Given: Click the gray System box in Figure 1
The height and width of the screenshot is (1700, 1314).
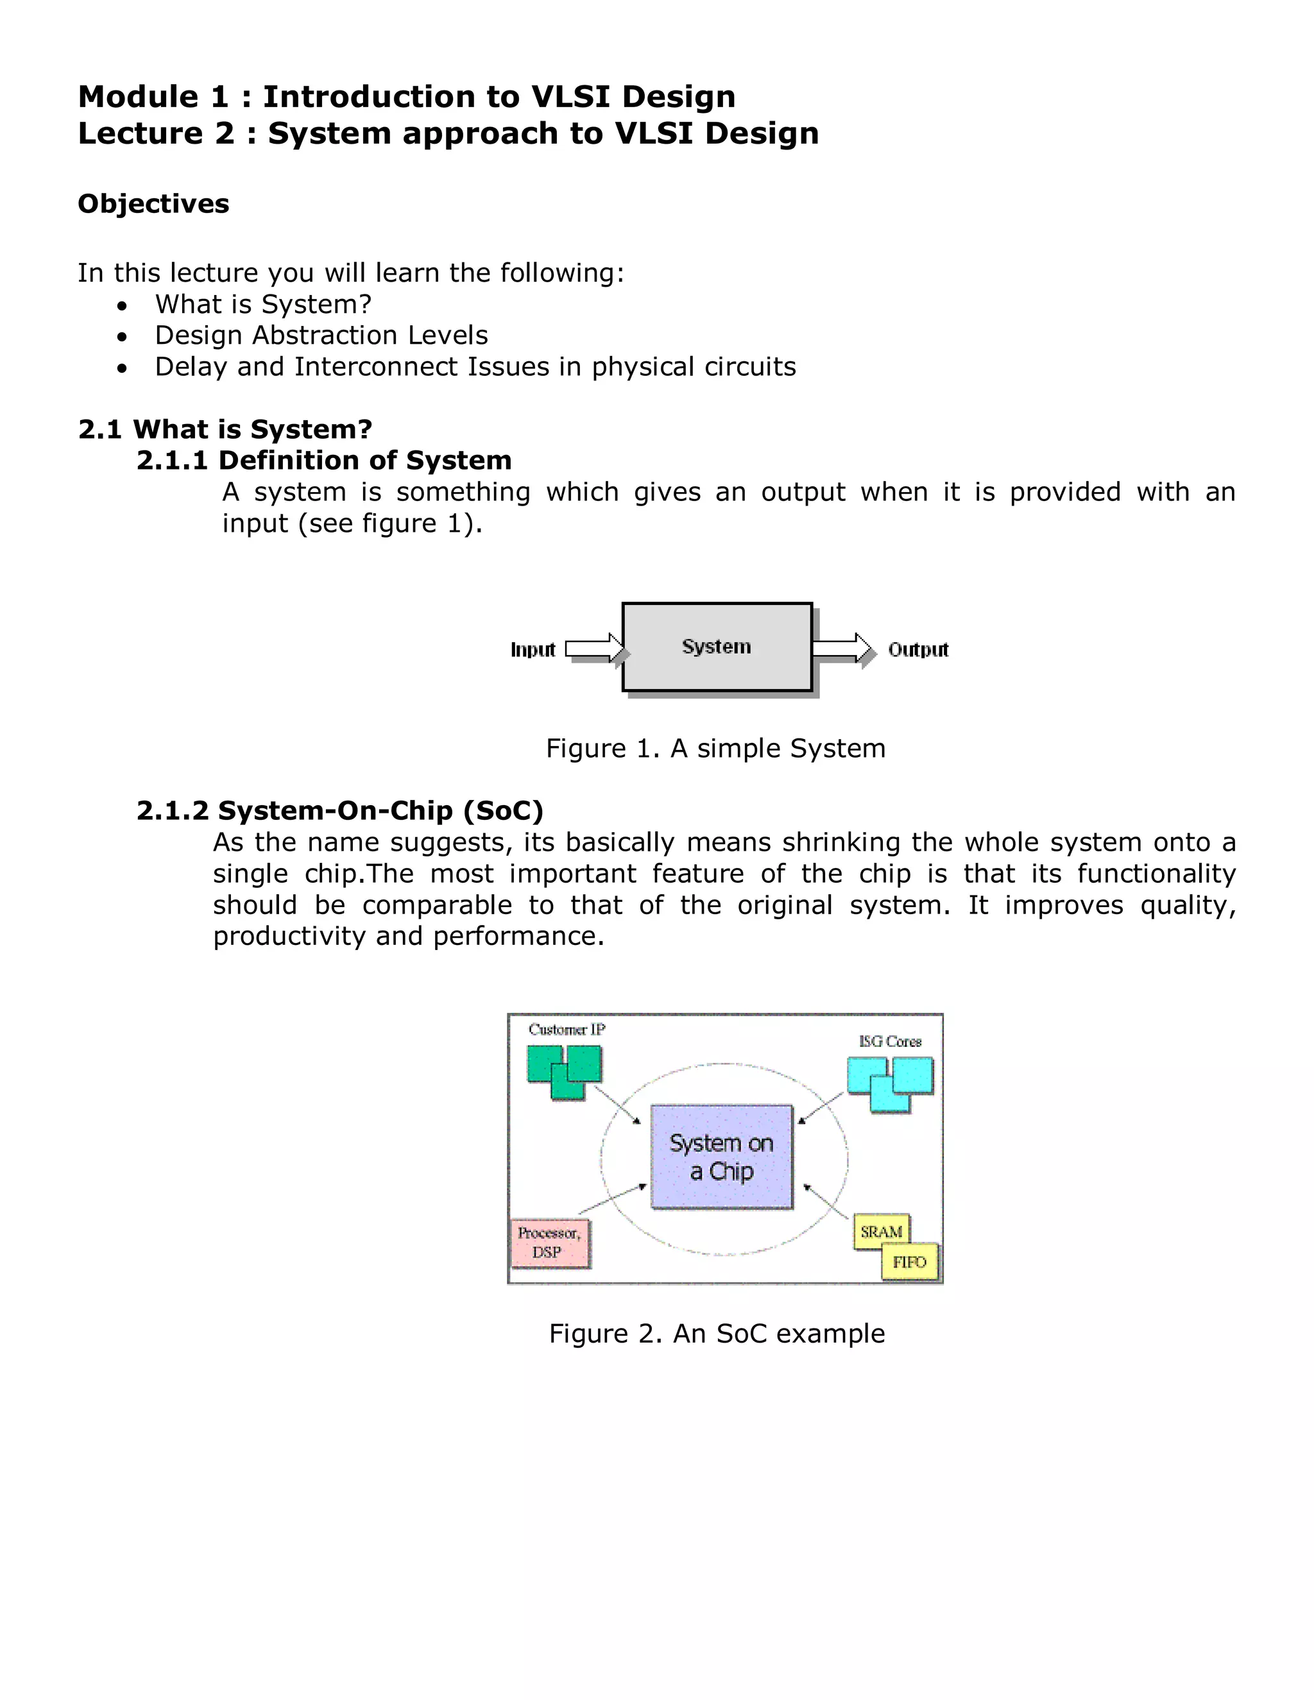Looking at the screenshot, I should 717,647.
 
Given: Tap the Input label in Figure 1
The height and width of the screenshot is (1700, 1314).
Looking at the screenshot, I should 533,649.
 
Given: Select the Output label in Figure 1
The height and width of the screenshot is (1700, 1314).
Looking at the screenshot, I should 917,649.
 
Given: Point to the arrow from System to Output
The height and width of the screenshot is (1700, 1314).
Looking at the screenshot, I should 840,649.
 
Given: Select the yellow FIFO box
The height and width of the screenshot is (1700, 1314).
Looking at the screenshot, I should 909,1262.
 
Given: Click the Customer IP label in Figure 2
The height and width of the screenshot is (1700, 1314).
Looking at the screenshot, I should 567,1029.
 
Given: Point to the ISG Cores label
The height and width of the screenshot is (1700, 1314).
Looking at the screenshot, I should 890,1041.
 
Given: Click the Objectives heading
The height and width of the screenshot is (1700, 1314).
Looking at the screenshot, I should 153,204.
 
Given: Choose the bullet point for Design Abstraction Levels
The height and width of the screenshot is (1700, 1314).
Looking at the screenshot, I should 122,336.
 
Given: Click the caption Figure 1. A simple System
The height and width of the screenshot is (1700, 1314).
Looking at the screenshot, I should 715,748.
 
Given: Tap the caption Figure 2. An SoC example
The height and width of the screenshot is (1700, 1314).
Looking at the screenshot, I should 716,1334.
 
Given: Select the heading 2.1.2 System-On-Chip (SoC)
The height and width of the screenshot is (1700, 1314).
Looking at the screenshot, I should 339,810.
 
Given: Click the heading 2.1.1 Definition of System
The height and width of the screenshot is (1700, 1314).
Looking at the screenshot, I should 324,460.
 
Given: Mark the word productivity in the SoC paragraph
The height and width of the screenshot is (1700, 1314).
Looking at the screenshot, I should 289,935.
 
